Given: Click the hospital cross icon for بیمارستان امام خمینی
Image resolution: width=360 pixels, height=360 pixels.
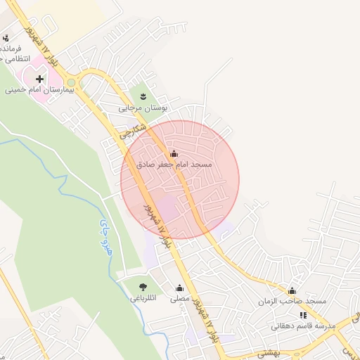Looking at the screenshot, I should tap(39, 79).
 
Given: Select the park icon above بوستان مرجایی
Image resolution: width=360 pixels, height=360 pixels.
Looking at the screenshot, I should tap(143, 96).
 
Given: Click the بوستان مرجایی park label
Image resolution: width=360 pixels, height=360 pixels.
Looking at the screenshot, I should tap(141, 108).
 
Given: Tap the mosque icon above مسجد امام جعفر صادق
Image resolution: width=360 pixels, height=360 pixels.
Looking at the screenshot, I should tap(174, 153).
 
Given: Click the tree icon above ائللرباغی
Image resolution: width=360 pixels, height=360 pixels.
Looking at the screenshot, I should tap(143, 287).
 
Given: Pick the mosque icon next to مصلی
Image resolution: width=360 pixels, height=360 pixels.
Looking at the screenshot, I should tap(179, 288).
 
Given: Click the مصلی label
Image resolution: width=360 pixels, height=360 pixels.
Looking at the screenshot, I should tap(181, 299).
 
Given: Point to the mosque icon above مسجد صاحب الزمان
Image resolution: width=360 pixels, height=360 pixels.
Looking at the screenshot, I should tap(292, 290).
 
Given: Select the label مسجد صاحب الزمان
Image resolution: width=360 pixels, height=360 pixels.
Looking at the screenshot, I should tap(292, 302).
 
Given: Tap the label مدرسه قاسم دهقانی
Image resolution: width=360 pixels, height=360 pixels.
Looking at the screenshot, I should tap(302, 326).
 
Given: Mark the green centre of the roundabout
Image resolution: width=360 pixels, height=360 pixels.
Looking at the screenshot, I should tap(71, 82).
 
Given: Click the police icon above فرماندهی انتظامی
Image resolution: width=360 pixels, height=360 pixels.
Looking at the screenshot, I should tap(6, 38).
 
